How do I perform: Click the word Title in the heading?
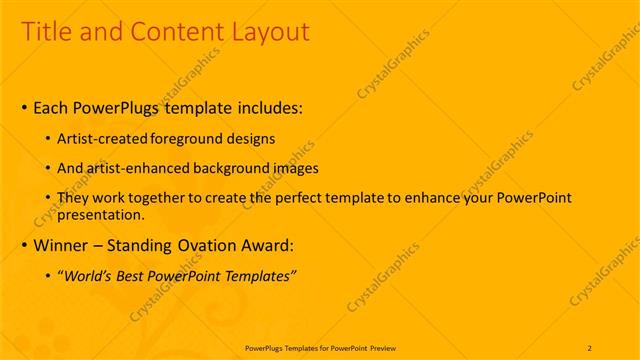click(47, 32)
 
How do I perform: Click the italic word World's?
click(90, 275)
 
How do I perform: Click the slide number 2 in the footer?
click(590, 347)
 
